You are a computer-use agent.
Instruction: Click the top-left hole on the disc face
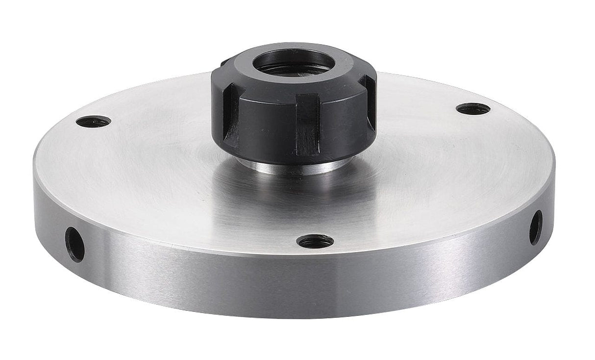93,121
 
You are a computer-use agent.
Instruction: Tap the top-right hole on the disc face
473,109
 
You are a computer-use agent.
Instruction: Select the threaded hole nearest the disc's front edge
315,241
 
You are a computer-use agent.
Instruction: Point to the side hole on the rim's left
74,244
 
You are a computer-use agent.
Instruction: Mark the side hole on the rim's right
536,227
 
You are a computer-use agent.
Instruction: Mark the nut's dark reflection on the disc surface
294,196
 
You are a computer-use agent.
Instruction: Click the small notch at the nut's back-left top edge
224,62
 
